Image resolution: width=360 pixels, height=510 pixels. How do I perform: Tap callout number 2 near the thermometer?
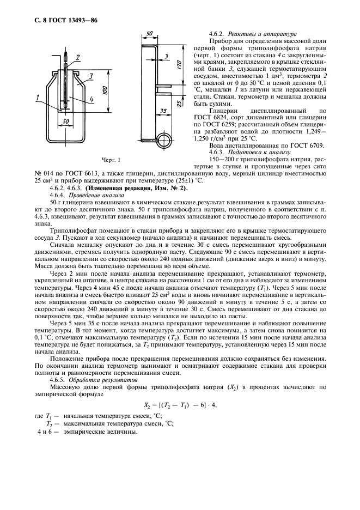click(x=78, y=57)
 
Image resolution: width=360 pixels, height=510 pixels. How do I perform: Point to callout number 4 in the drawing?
click(x=78, y=99)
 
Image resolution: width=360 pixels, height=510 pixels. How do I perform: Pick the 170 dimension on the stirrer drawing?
click(x=179, y=66)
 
